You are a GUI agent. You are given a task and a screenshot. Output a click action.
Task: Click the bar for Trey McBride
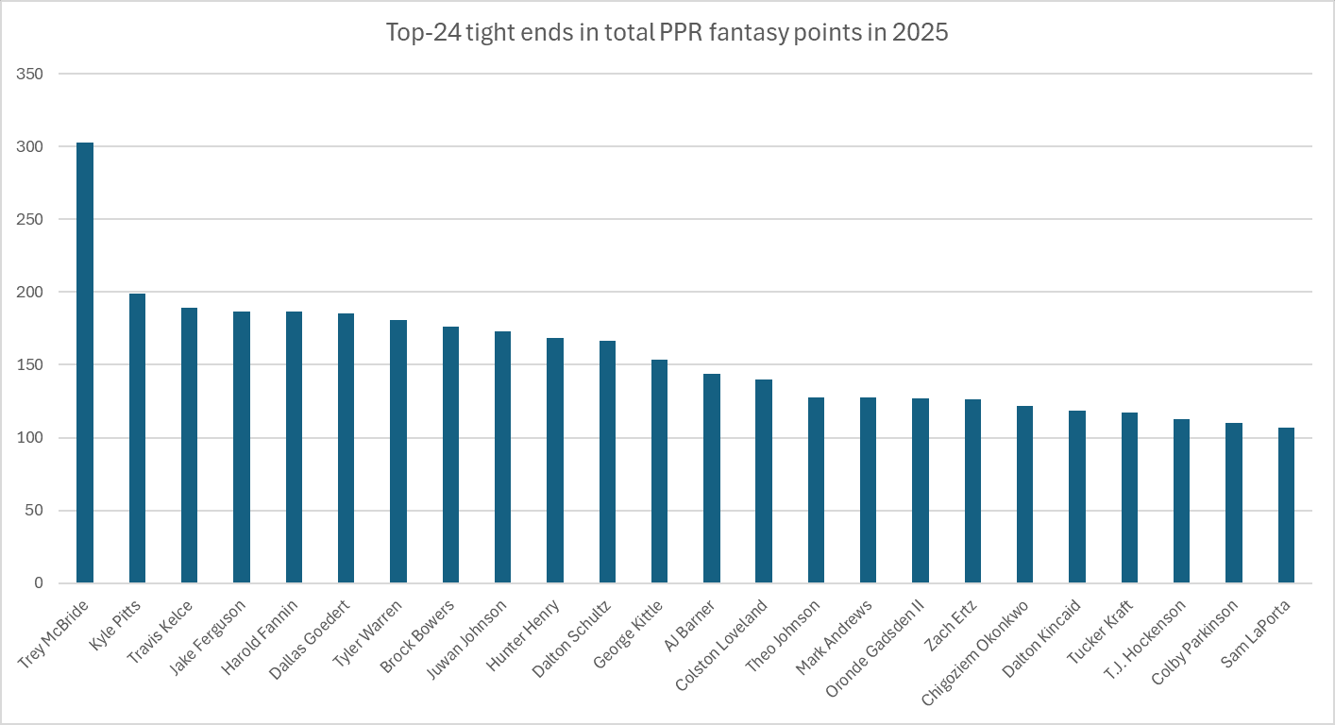pos(85,363)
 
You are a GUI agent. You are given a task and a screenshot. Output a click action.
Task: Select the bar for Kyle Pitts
pos(137,439)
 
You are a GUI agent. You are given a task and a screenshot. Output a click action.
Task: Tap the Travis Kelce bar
pos(189,446)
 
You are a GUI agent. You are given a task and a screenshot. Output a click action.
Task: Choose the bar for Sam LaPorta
pos(1286,505)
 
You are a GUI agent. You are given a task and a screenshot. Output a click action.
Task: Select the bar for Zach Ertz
pos(972,491)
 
